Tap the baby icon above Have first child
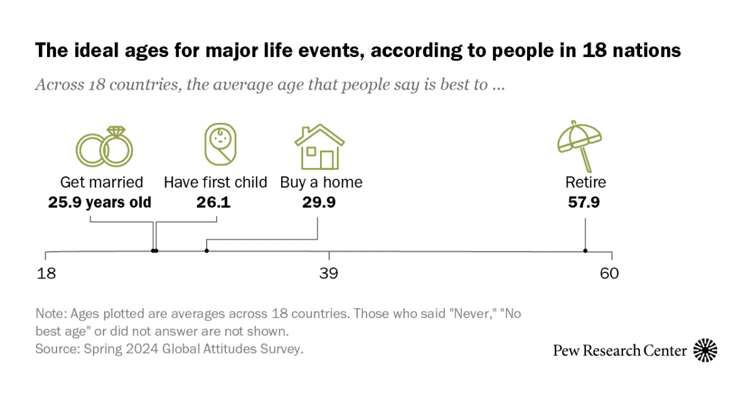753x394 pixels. coord(220,145)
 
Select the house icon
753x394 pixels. coord(319,147)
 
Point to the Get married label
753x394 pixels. coord(102,183)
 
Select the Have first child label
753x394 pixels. coord(215,183)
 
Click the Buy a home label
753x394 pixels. coord(321,183)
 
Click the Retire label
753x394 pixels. coord(585,183)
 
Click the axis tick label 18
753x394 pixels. coord(46,274)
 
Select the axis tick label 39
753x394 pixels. coord(329,274)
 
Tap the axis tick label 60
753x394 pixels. coord(609,274)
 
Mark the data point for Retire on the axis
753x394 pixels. coord(585,251)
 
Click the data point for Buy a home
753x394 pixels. coord(206,251)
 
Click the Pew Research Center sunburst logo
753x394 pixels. coord(705,350)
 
